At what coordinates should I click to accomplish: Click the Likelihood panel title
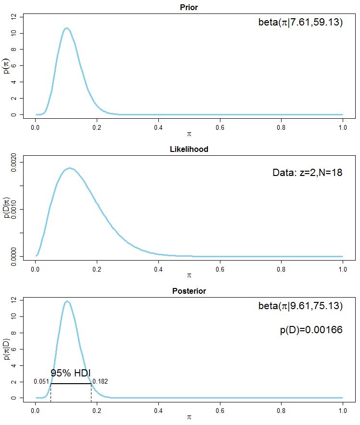tap(189, 150)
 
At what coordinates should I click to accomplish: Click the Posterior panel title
tap(189, 291)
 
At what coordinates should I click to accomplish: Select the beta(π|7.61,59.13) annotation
tap(300, 22)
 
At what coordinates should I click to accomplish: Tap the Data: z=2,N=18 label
tap(307, 173)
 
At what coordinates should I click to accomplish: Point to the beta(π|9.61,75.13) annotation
tap(300, 306)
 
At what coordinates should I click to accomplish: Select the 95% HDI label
tap(71, 373)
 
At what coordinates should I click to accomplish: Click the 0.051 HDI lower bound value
tap(41, 382)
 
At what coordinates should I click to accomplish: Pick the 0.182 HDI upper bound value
tap(100, 382)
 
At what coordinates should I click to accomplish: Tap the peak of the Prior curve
tap(67, 28)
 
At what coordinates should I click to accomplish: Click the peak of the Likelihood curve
tap(70, 168)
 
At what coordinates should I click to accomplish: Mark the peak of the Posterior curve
tap(67, 301)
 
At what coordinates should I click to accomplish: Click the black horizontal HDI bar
tap(71, 384)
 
